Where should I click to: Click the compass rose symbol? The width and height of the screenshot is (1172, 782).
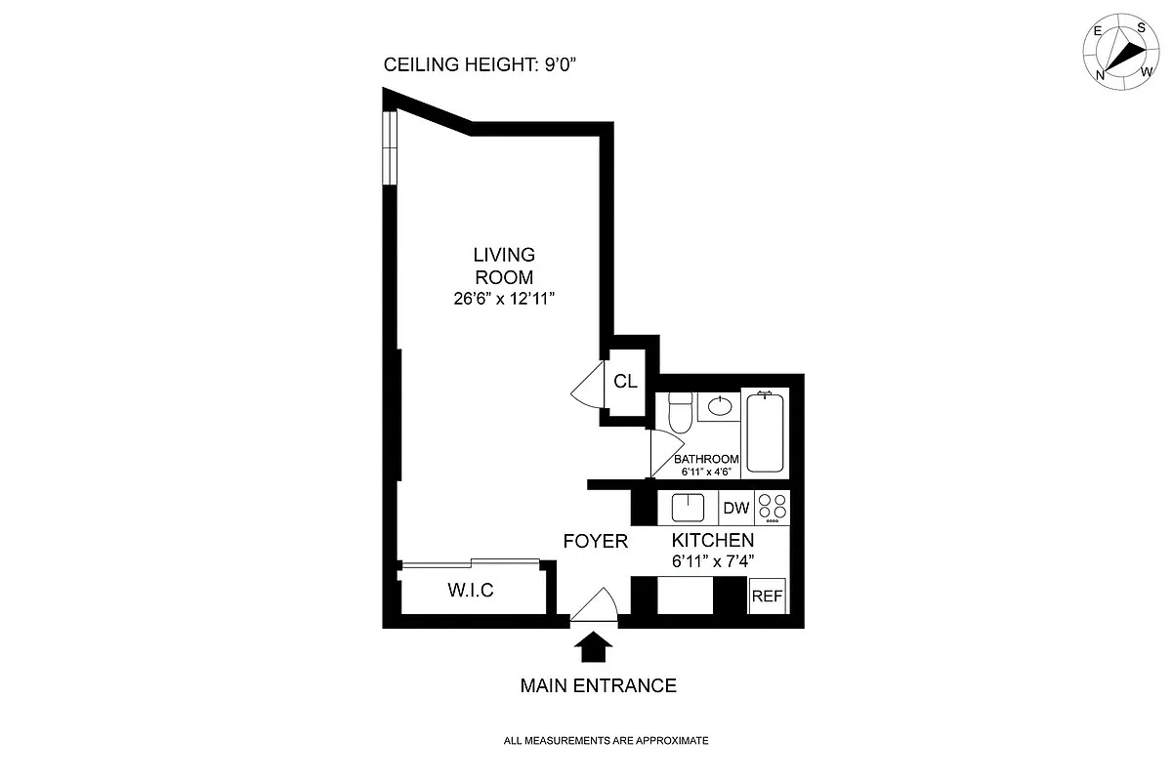click(x=1121, y=52)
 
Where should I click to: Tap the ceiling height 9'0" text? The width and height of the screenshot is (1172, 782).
click(x=480, y=64)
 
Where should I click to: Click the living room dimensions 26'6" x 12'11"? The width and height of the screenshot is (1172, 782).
click(x=504, y=299)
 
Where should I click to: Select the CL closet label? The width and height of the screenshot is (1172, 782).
click(x=625, y=382)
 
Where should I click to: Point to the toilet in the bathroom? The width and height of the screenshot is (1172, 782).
click(x=680, y=412)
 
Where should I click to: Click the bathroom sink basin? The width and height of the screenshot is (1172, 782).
click(x=720, y=406)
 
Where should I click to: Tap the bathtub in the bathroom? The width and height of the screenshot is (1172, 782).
click(x=765, y=432)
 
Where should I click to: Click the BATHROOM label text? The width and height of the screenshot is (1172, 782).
click(x=706, y=459)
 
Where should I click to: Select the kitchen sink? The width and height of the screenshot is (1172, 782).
click(x=688, y=508)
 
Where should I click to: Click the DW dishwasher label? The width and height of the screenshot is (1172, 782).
click(x=736, y=508)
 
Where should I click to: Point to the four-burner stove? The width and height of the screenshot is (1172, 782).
click(x=773, y=508)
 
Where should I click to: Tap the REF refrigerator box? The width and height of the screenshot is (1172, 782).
click(x=767, y=596)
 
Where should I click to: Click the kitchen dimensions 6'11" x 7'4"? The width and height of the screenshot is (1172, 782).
click(x=713, y=561)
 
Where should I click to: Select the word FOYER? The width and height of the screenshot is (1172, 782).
click(x=596, y=542)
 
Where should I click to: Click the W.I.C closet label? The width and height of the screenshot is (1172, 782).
click(x=471, y=590)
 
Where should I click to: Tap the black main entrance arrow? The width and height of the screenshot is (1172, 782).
click(x=593, y=646)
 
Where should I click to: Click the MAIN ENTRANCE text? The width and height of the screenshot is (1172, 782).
click(x=598, y=685)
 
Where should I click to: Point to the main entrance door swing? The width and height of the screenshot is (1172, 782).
click(x=595, y=604)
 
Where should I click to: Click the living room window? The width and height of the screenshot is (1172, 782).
click(x=390, y=147)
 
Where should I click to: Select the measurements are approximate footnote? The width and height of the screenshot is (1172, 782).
click(x=606, y=741)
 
